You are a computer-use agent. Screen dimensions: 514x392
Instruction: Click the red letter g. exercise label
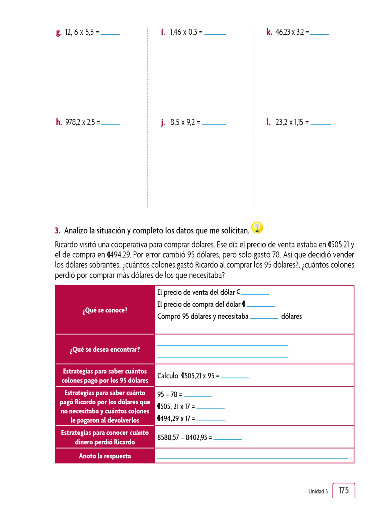(x=59, y=33)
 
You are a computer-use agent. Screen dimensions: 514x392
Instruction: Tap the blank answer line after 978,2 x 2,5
(x=111, y=124)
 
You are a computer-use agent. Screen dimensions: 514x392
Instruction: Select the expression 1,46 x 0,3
(x=183, y=32)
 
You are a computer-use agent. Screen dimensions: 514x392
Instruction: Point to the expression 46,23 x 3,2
(x=289, y=32)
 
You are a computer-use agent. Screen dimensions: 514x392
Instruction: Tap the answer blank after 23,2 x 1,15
(x=321, y=124)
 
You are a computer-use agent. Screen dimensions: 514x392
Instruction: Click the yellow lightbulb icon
(x=257, y=228)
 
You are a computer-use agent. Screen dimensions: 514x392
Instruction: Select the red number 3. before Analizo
(x=57, y=231)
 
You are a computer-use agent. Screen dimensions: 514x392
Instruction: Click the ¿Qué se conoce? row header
(x=105, y=310)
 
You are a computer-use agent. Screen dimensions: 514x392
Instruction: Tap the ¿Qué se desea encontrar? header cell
(x=105, y=349)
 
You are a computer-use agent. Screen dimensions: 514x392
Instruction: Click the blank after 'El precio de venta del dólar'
(x=255, y=293)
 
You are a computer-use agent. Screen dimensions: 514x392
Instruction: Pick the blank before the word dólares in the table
(x=264, y=317)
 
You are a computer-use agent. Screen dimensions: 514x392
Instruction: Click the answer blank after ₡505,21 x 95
(x=235, y=377)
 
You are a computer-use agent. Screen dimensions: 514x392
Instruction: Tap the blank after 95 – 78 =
(x=198, y=396)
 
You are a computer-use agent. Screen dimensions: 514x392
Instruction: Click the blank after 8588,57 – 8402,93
(x=227, y=438)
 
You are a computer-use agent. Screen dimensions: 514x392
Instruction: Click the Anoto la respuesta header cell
(x=105, y=456)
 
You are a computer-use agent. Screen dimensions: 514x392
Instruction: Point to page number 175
(x=343, y=490)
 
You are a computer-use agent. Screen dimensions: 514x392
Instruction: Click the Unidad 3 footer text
(x=318, y=491)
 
